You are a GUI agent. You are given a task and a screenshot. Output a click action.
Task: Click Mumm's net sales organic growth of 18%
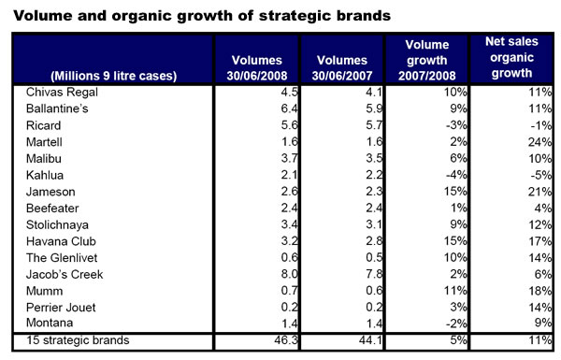(541, 290)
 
